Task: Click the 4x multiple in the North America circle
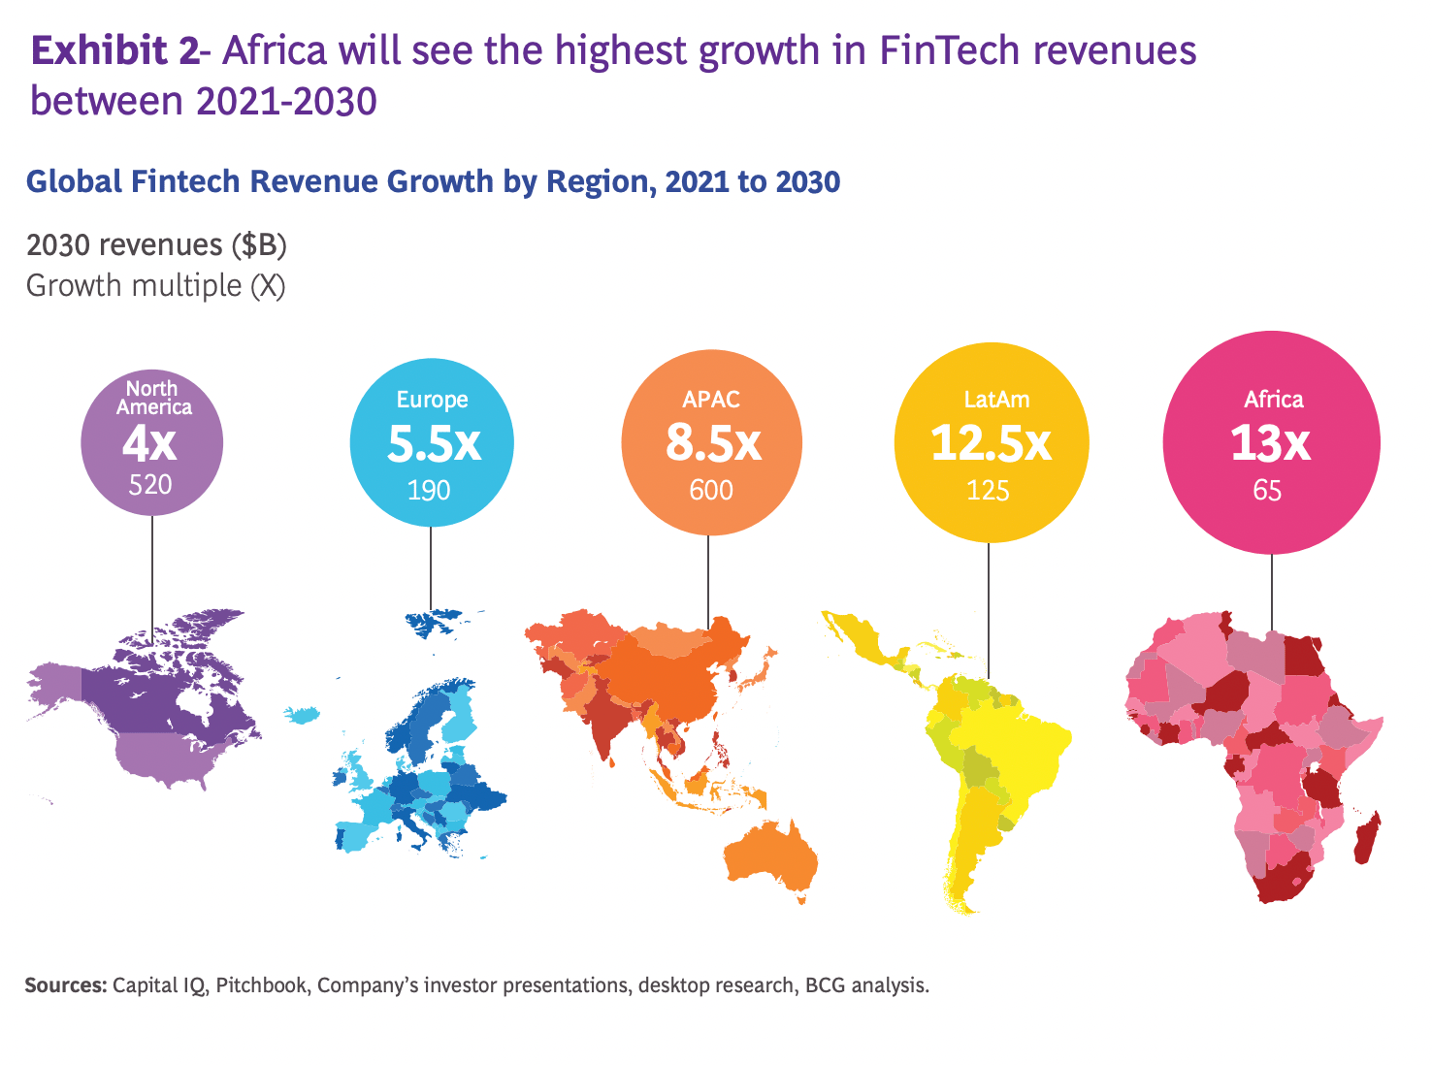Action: pos(149,444)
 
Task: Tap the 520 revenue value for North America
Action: pos(150,484)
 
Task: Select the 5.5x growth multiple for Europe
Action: pos(434,444)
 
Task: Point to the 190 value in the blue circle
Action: pos(429,491)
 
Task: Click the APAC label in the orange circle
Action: pos(711,400)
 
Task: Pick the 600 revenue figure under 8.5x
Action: pos(711,491)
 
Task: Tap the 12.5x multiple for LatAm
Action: pos(991,444)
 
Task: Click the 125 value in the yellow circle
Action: pos(988,491)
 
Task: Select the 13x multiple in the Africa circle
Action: pos(1270,444)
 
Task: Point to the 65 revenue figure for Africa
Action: pos(1267,491)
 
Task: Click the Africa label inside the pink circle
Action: pos(1273,400)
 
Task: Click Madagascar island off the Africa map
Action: pos(1366,839)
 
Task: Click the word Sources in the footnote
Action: pos(64,985)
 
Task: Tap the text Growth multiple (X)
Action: pos(155,286)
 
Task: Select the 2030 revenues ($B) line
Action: pos(156,245)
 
